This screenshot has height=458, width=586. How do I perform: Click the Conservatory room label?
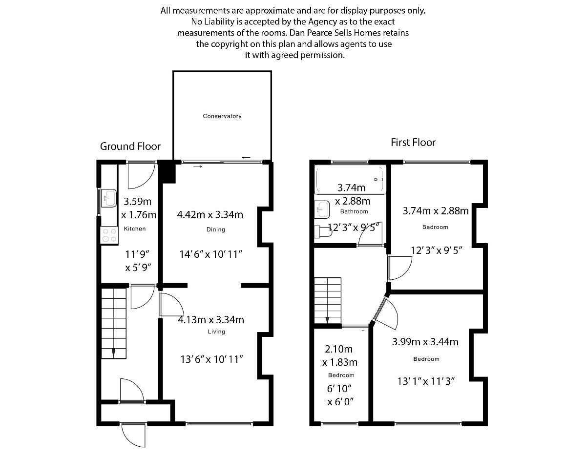click(x=222, y=116)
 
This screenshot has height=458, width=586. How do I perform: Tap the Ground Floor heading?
click(x=130, y=146)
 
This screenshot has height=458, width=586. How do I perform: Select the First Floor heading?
click(x=413, y=143)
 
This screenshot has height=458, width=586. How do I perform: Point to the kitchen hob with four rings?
click(x=109, y=235)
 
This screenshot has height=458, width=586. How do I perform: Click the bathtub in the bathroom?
click(x=350, y=179)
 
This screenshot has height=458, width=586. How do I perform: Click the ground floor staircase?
click(x=114, y=323)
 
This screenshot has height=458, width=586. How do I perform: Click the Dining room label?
click(x=215, y=229)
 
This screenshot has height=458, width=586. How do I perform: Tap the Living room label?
click(x=216, y=332)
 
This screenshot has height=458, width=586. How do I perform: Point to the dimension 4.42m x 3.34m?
click(x=210, y=214)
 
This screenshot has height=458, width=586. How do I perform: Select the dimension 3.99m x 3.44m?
click(x=425, y=342)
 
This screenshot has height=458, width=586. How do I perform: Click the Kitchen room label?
click(x=135, y=229)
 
